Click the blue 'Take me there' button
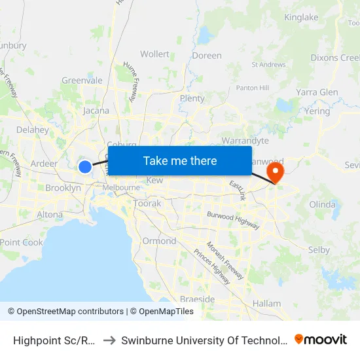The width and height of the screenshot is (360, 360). point(180,160)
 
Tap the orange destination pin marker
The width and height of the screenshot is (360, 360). point(276,172)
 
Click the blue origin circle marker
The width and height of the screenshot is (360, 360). point(85,166)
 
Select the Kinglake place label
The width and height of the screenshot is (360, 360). point(301,17)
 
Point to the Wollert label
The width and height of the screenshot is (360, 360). point(154,54)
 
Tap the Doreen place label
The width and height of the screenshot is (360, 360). point(207,56)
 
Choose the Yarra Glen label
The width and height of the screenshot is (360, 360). point(317,92)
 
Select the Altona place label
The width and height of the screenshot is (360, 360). point(50,214)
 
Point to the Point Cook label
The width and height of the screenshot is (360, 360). point(21,242)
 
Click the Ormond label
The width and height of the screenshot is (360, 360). point(159,241)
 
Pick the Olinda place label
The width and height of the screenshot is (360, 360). point(321,204)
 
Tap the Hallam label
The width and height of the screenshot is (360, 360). point(266,304)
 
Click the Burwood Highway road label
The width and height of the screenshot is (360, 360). point(233,219)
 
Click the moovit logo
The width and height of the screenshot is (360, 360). point(321,339)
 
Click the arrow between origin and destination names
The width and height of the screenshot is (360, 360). point(109,340)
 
